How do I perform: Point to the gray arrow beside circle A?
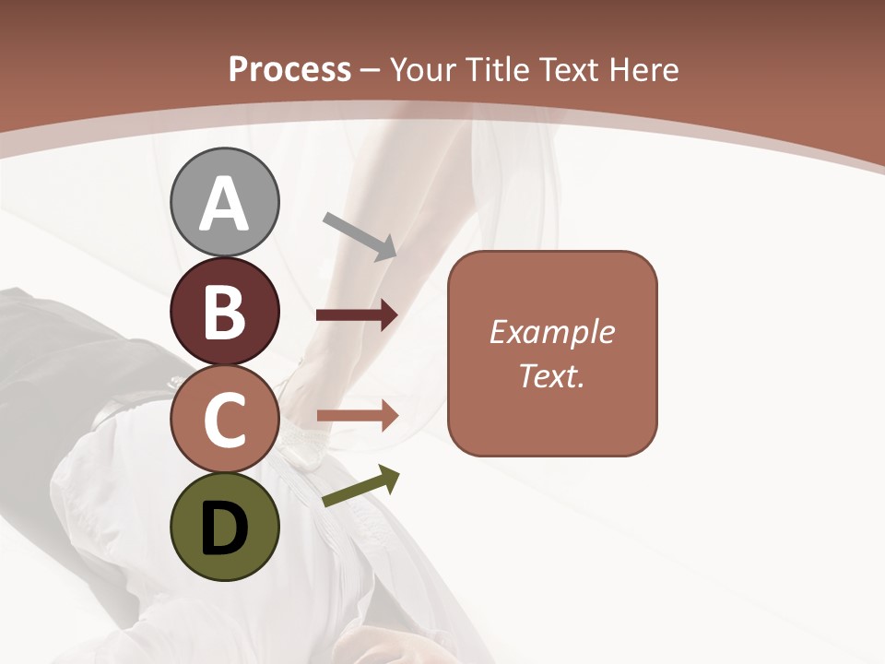click(360, 235)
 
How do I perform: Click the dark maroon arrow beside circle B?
click(357, 315)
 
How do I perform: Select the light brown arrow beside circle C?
click(357, 416)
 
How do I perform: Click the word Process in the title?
click(289, 70)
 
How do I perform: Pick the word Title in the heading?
click(500, 70)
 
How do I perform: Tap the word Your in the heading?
click(425, 70)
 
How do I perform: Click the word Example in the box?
click(552, 332)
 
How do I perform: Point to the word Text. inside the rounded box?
click(552, 375)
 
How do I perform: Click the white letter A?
click(225, 205)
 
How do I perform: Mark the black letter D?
click(225, 528)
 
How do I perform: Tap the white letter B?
click(225, 314)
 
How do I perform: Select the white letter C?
click(225, 421)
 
